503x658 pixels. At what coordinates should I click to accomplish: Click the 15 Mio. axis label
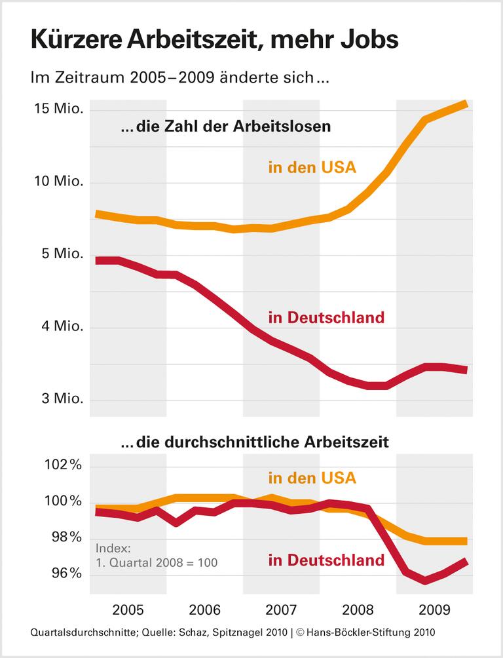tap(60, 109)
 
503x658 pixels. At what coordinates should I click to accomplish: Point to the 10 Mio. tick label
tap(60, 182)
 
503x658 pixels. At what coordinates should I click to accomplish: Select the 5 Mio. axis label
tap(63, 254)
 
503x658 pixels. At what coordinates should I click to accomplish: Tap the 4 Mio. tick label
tap(63, 327)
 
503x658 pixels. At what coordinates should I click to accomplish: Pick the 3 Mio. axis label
tap(63, 400)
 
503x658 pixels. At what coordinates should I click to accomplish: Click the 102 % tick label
tap(62, 466)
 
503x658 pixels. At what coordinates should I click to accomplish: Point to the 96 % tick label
tap(65, 574)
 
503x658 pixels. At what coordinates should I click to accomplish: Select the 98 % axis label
tap(65, 538)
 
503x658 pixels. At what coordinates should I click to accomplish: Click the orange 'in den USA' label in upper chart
tap(312, 167)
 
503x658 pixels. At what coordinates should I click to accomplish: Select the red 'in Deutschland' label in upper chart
tap(326, 318)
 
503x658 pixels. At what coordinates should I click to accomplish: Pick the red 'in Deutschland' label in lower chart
tap(326, 560)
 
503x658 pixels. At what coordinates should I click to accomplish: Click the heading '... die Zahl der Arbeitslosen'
tap(226, 127)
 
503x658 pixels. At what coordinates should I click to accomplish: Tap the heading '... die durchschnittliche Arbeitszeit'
tap(255, 442)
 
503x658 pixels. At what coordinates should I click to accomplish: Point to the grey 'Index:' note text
tap(113, 548)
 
